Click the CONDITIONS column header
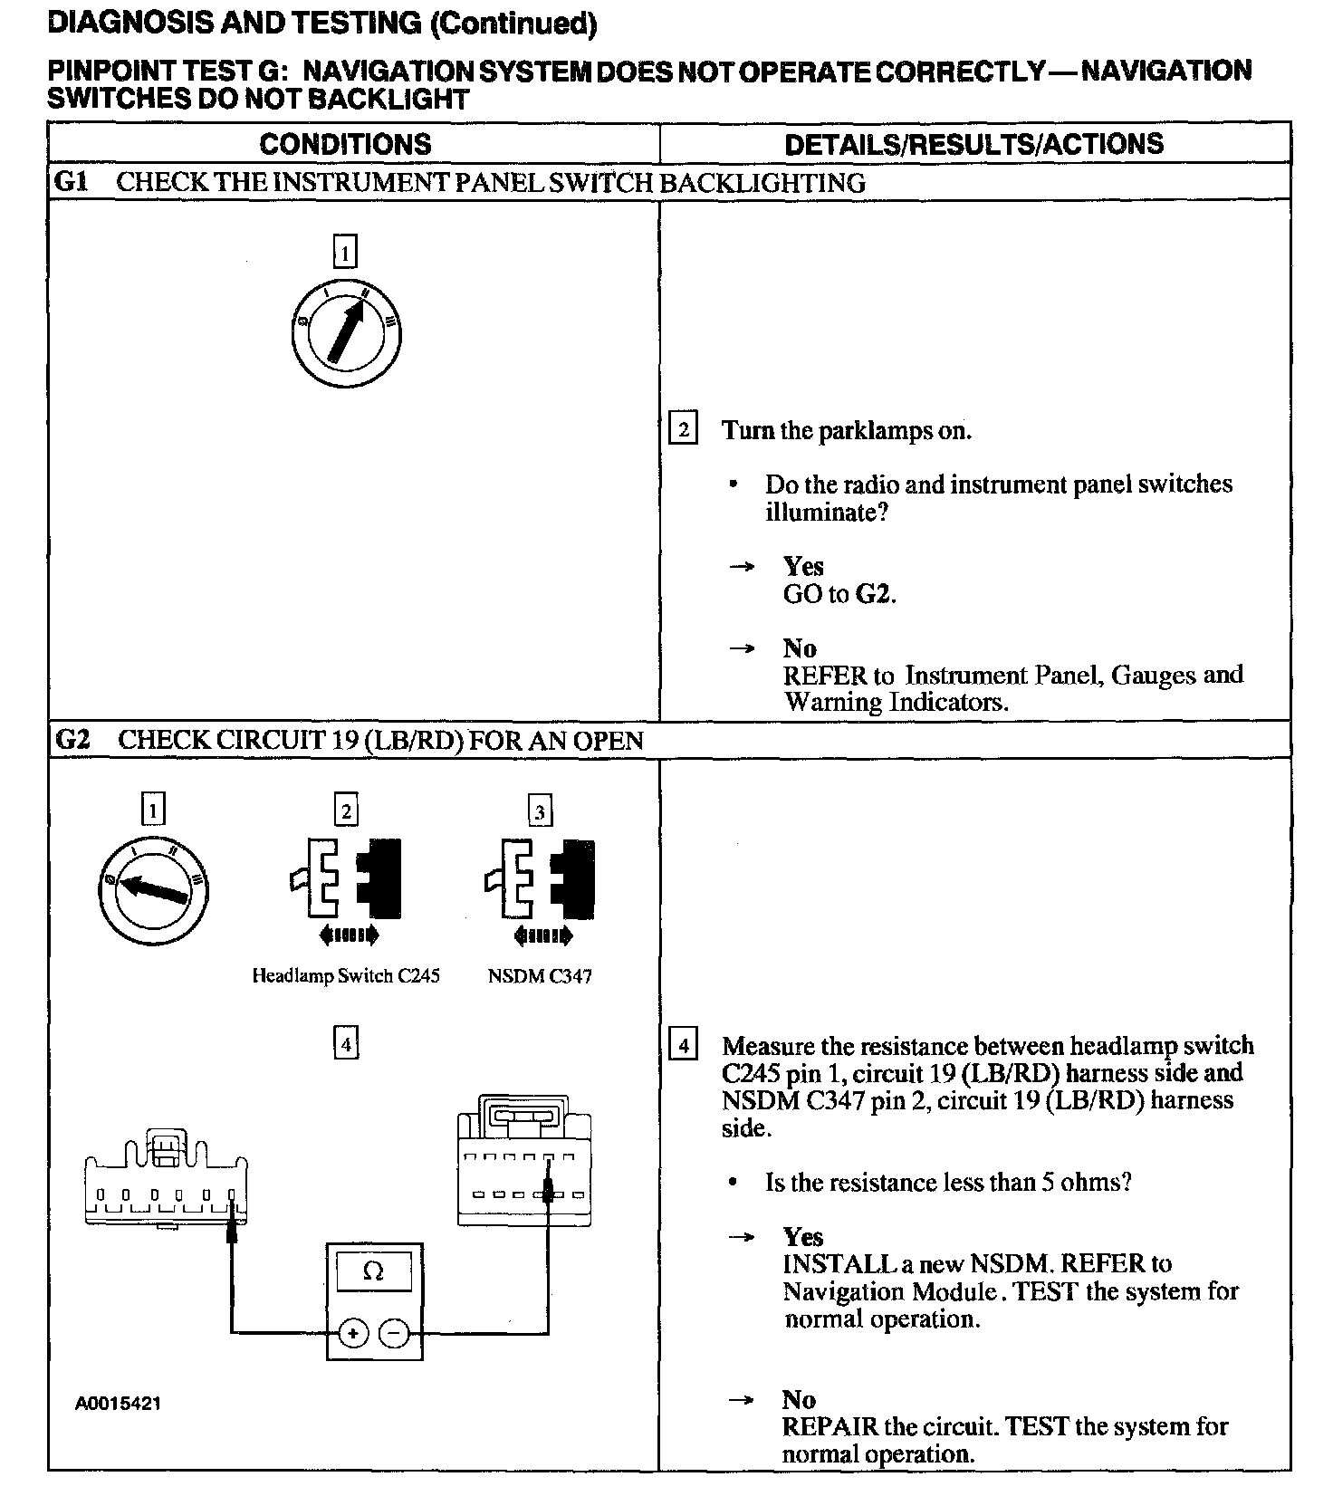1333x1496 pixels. click(345, 144)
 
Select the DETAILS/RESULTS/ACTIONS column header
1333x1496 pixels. click(973, 144)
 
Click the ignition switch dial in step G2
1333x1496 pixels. click(153, 888)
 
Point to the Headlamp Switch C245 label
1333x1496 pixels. click(345, 976)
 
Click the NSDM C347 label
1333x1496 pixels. click(540, 976)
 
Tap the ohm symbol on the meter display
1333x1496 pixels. click(373, 1271)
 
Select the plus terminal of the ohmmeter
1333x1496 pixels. click(353, 1333)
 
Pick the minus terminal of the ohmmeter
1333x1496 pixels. click(393, 1333)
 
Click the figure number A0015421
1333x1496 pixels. click(119, 1404)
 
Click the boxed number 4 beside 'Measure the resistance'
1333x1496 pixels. click(683, 1046)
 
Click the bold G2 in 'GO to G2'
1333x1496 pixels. click(872, 594)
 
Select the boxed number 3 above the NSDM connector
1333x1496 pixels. click(540, 811)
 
